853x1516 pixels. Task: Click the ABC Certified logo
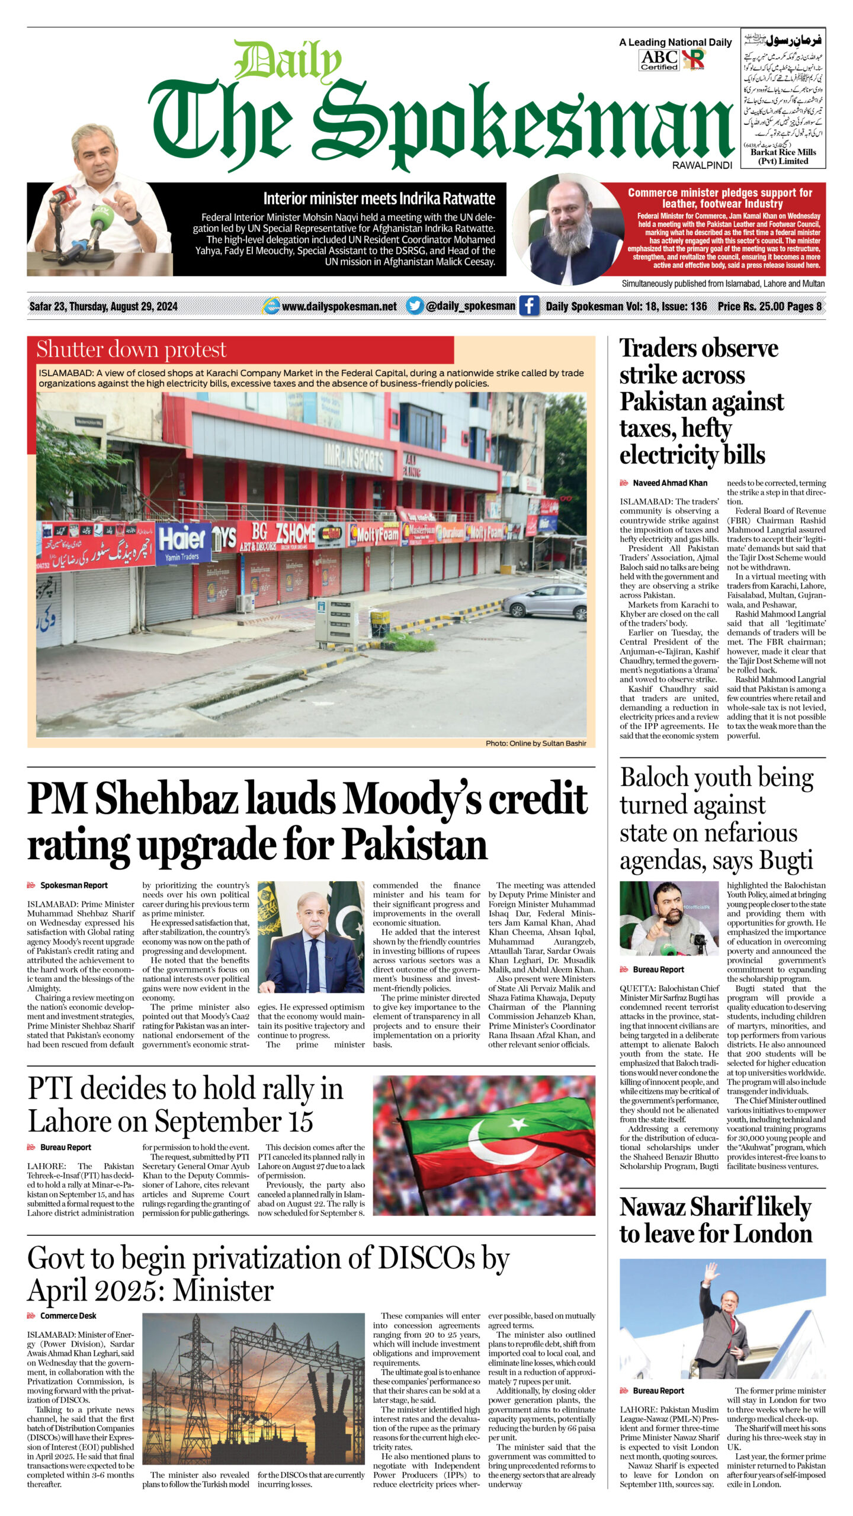coord(659,60)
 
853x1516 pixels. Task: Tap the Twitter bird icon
coord(415,306)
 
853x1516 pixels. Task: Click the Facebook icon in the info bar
coord(529,306)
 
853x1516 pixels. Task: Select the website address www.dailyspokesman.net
coord(339,307)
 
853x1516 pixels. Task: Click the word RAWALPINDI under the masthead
coord(702,165)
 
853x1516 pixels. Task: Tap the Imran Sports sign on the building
coord(354,459)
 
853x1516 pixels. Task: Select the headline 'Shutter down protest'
coord(132,349)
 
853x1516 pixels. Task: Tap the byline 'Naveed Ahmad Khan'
coord(669,483)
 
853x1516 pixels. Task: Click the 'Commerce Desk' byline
coord(68,1316)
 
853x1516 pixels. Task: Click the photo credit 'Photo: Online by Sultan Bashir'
coord(535,743)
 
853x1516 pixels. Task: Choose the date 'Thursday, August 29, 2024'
coord(123,307)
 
